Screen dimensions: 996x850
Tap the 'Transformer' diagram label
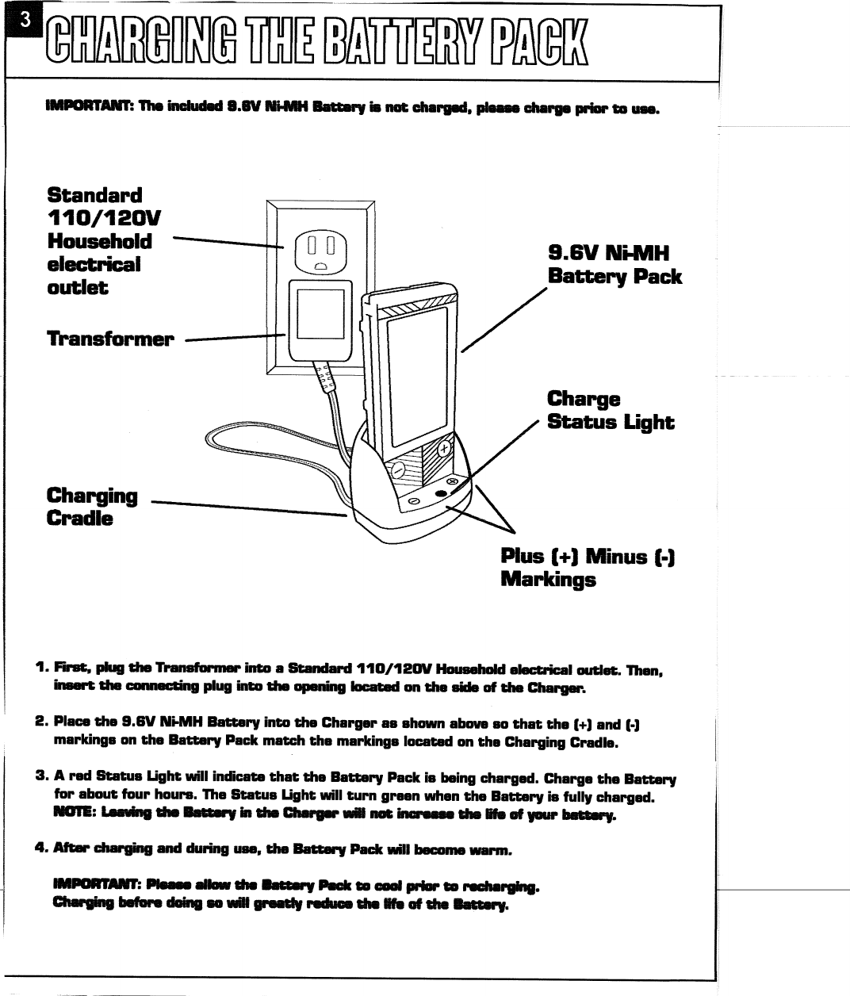(109, 339)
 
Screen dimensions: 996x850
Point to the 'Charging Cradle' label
(92, 508)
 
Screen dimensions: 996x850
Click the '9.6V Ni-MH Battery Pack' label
(614, 265)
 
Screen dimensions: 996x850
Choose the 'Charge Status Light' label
(610, 410)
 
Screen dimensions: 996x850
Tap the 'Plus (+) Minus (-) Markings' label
(588, 568)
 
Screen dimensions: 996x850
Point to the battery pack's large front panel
(415, 373)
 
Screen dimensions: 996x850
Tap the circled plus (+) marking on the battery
(446, 450)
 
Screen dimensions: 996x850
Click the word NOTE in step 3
(71, 814)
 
